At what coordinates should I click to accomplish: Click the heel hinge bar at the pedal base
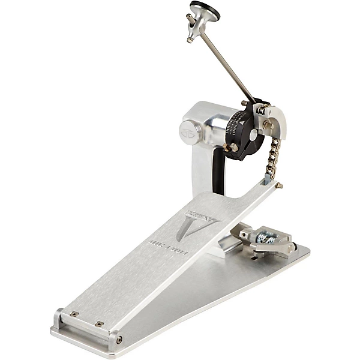point(84,324)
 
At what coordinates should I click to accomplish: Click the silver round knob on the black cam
point(253,135)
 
